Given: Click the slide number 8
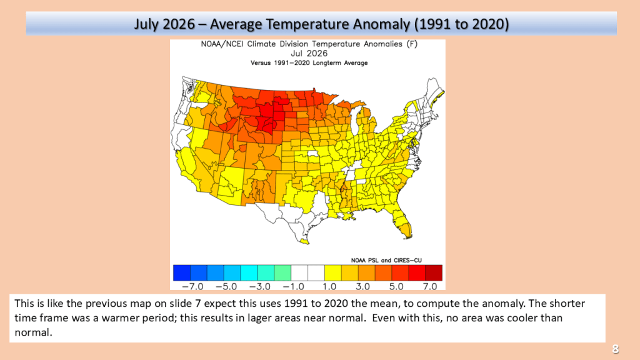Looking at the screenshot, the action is click(615, 349).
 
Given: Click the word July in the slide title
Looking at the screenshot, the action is click(147, 24).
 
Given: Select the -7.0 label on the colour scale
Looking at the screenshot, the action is click(192, 286).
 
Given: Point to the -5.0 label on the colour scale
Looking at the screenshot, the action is click(226, 286).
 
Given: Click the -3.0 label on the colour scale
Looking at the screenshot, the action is click(259, 286).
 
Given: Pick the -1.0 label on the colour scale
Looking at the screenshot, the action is click(293, 286).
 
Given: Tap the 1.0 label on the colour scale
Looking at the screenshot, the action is click(329, 286).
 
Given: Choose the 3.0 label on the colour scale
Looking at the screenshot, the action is click(362, 286).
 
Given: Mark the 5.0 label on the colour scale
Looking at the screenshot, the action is click(396, 286).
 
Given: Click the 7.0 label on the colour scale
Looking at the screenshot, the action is click(430, 286).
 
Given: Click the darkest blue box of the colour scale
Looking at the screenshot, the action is click(182, 272).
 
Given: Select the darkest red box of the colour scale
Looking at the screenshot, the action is click(434, 272).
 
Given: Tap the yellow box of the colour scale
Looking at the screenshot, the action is click(333, 272).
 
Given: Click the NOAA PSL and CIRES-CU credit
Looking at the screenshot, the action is click(386, 261).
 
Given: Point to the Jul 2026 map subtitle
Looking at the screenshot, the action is click(309, 54).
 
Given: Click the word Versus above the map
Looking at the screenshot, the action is click(260, 63).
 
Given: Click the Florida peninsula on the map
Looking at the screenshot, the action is click(402, 222).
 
